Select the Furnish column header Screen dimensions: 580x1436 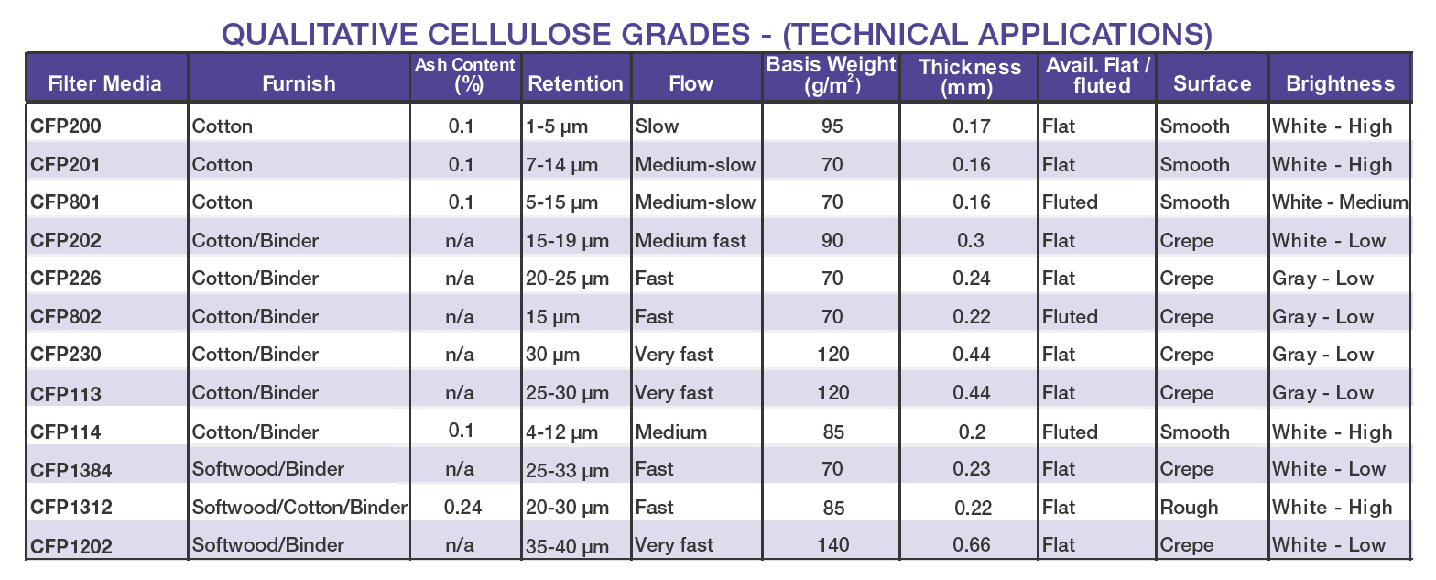[x=299, y=84]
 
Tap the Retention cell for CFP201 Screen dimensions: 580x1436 [x=561, y=165]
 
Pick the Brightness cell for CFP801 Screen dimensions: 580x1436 [x=1339, y=202]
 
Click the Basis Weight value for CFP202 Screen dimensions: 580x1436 [x=832, y=241]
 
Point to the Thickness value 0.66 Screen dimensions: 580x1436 [x=971, y=545]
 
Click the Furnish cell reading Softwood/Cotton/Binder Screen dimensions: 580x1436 [x=299, y=508]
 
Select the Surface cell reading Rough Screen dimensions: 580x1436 [x=1189, y=508]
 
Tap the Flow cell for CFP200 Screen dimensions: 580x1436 [x=657, y=126]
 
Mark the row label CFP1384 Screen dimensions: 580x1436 [x=71, y=470]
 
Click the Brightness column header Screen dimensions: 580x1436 [x=1340, y=84]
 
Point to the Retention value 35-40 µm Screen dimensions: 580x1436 [x=567, y=546]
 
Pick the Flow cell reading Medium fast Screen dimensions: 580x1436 [x=691, y=241]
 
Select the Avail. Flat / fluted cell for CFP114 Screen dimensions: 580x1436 [x=1070, y=432]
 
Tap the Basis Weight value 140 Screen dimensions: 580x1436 [x=832, y=545]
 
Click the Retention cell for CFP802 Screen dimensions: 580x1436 [x=553, y=317]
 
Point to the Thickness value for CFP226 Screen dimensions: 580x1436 [x=971, y=279]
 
